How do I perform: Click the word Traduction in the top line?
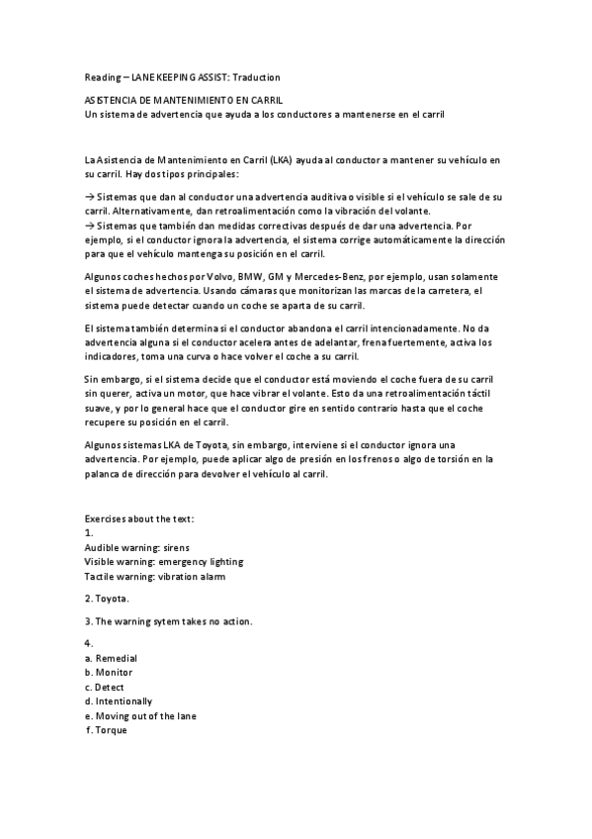(x=256, y=77)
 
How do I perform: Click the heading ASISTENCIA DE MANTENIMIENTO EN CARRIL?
(x=183, y=101)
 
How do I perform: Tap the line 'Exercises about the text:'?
(x=140, y=518)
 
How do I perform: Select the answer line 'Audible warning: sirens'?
(x=137, y=547)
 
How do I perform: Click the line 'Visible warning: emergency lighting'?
(x=164, y=561)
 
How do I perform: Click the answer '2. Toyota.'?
(x=107, y=599)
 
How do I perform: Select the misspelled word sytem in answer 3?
(x=166, y=621)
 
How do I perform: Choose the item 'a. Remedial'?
(x=112, y=658)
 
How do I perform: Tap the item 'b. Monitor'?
(x=110, y=673)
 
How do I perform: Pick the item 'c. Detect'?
(x=105, y=687)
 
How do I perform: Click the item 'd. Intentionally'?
(x=119, y=700)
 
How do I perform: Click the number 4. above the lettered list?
(x=89, y=644)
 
